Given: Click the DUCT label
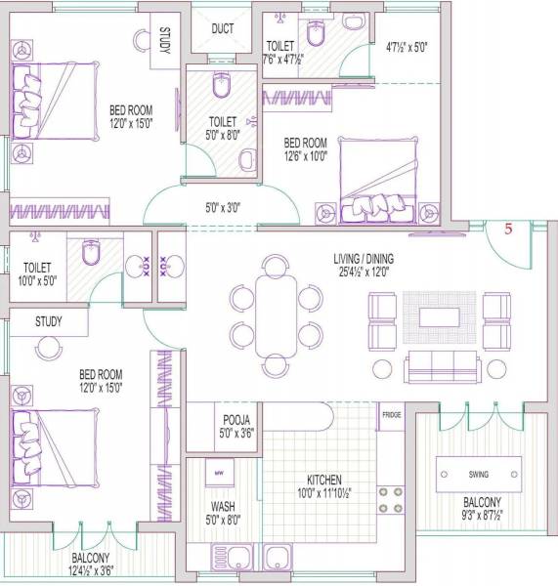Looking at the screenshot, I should (222, 28).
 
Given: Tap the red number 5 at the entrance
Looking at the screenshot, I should (508, 230).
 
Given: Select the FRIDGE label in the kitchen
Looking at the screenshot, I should (392, 415).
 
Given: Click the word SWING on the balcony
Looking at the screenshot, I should (478, 475).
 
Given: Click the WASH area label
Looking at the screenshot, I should (222, 507).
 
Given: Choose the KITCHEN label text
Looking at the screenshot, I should (324, 481).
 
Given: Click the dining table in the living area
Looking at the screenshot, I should (277, 315).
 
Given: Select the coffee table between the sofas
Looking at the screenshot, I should (439, 316).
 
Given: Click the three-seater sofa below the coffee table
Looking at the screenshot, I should (443, 367).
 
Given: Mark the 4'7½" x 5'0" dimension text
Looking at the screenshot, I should (406, 46).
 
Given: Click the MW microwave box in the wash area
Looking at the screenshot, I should (219, 476).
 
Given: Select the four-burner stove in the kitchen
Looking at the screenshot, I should (391, 501).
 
